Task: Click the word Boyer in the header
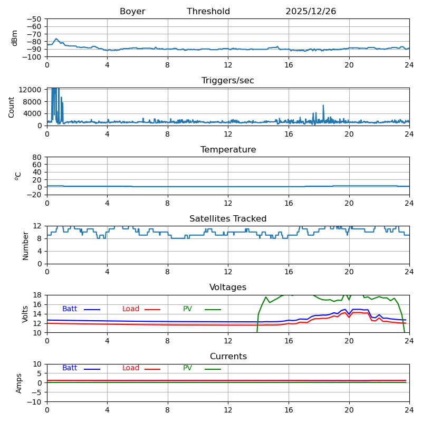132,12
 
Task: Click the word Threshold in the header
208,12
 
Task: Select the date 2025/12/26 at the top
311,12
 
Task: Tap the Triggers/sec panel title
228,81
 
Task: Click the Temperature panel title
228,150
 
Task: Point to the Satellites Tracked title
228,219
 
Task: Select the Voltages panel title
228,287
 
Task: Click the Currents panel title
228,357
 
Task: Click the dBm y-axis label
15,38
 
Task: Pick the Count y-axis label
12,107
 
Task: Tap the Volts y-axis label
25,313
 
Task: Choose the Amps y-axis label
19,383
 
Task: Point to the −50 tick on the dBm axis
35,19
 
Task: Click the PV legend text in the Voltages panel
188,309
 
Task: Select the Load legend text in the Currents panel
131,368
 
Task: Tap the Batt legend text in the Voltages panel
70,309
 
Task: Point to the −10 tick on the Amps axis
35,402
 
